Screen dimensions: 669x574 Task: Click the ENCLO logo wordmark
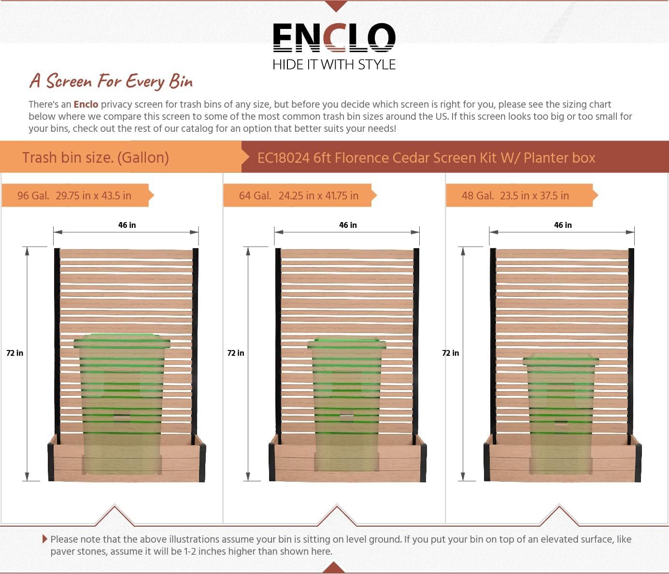click(334, 38)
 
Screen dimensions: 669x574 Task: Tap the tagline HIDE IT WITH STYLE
click(334, 65)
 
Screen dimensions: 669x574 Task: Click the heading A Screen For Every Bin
click(111, 81)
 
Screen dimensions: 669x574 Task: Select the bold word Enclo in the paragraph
click(86, 104)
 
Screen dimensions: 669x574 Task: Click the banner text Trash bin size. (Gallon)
click(96, 157)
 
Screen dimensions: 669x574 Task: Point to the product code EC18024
click(283, 158)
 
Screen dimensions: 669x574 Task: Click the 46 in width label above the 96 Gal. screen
click(127, 225)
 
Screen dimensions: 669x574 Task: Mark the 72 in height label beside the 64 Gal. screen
click(236, 353)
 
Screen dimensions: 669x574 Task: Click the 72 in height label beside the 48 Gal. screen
click(451, 353)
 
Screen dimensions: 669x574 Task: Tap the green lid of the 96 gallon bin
click(122, 341)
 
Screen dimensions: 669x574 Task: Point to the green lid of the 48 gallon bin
click(561, 360)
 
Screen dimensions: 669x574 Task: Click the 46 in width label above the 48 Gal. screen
click(563, 225)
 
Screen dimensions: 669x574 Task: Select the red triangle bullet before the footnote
click(45, 539)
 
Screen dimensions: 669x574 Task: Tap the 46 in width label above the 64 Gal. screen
click(348, 225)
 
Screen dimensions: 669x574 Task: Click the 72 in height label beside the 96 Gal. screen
click(15, 353)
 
